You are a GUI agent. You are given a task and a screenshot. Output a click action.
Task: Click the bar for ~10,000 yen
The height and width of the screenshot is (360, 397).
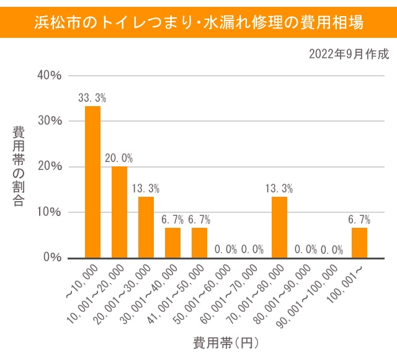92,181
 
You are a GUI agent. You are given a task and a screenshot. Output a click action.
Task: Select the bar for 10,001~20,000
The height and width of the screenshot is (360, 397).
119,212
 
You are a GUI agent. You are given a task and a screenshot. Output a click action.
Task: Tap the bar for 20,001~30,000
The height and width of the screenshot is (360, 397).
146,227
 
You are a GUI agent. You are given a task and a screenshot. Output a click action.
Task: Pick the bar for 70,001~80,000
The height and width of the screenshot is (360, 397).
279,227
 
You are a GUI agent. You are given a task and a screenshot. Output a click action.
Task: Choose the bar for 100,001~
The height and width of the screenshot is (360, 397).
359,242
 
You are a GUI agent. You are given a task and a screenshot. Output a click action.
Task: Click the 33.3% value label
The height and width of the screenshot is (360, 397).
92,98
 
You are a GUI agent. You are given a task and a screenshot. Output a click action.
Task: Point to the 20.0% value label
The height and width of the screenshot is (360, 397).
119,158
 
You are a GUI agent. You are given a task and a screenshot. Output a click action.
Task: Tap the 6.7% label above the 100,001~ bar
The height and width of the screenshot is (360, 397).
359,219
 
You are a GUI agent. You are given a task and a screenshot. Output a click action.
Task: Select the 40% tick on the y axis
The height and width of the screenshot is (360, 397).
50,75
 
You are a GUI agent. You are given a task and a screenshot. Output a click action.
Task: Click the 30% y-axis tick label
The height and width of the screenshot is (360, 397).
50,120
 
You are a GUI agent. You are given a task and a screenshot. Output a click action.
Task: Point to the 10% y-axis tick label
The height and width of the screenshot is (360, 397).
50,212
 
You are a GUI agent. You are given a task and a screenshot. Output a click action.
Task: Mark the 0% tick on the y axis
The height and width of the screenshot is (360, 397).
53,257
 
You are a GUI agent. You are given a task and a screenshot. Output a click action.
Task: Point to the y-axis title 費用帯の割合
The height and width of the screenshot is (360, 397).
19,166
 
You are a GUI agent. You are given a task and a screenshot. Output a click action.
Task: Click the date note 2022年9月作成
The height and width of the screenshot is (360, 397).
349,54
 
